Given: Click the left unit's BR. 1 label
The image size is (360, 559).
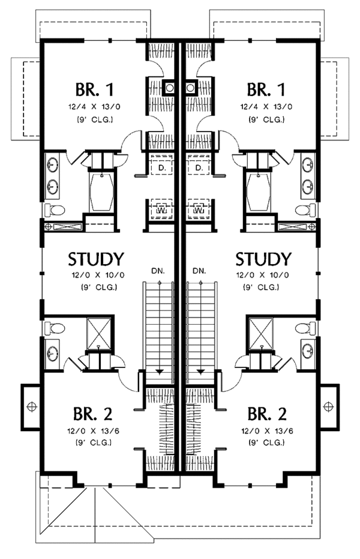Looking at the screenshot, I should pos(94,91).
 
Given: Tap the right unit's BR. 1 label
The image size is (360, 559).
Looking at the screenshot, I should pos(265,91).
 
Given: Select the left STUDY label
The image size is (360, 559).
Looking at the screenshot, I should pos(96,259).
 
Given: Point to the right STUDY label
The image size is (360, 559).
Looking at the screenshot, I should pos(263,259).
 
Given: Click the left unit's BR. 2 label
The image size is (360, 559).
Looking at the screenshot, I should pos(93,414).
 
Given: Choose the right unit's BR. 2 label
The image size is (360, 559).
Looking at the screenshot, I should pos(266,414).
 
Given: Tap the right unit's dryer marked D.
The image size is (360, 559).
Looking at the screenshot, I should pos(199,168).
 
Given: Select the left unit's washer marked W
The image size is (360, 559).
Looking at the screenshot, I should pos(161,211).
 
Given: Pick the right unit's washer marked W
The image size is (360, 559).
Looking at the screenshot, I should pos(198,211).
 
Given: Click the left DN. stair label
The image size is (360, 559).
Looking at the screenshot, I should pos(159,271).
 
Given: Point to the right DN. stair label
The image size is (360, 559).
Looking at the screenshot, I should pos(200,271).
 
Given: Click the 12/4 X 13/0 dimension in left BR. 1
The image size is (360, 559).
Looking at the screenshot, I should pos(94,109).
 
